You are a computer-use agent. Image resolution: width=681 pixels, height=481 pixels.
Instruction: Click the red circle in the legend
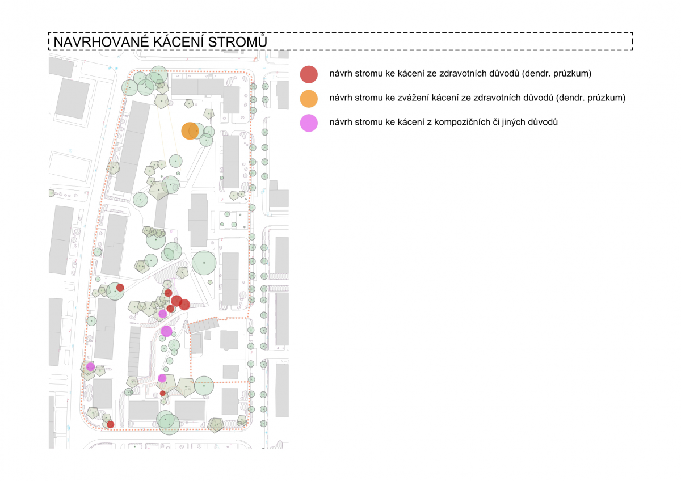309,74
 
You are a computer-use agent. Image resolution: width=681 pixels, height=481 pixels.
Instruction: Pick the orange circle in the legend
309,98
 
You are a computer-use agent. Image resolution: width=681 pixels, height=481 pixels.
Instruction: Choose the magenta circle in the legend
309,123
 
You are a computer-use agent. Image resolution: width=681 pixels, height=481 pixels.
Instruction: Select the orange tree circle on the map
190,130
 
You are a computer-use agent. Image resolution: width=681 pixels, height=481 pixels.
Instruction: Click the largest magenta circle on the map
166,331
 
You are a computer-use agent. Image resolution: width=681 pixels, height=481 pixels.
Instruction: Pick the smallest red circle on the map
163,393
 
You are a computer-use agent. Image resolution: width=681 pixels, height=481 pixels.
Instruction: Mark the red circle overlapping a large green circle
120,288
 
